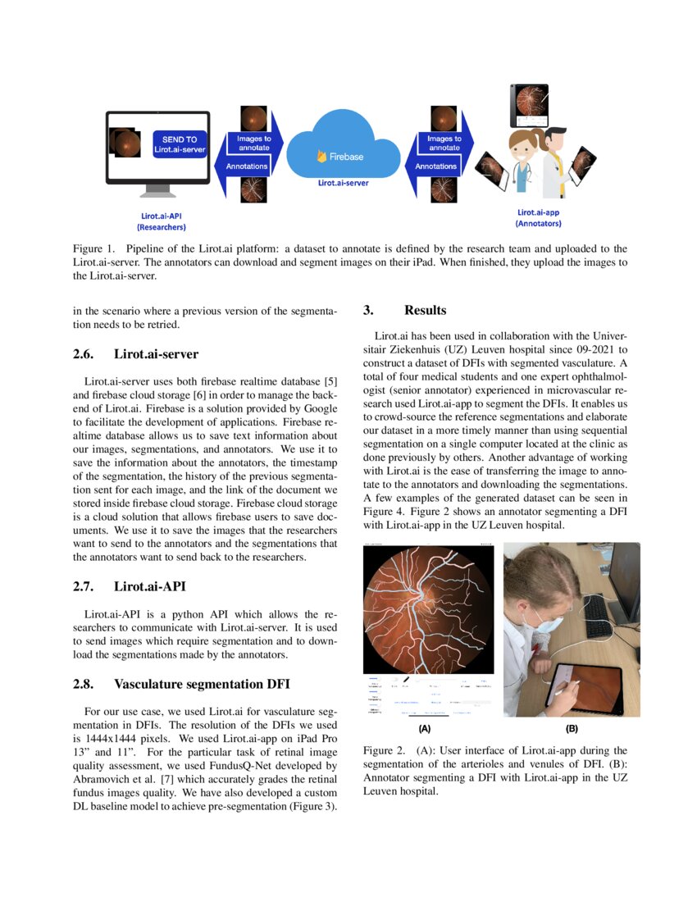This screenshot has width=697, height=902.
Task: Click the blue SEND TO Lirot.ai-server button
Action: pos(180,144)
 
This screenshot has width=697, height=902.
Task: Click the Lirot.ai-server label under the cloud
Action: pos(343,183)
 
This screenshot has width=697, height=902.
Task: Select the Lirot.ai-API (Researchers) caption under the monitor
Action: pos(161,221)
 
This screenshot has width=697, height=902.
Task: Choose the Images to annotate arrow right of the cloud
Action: pos(444,143)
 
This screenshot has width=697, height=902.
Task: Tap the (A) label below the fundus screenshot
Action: pos(424,728)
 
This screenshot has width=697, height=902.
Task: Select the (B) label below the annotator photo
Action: pos(572,728)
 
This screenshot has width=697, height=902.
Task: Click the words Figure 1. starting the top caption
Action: pos(95,248)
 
